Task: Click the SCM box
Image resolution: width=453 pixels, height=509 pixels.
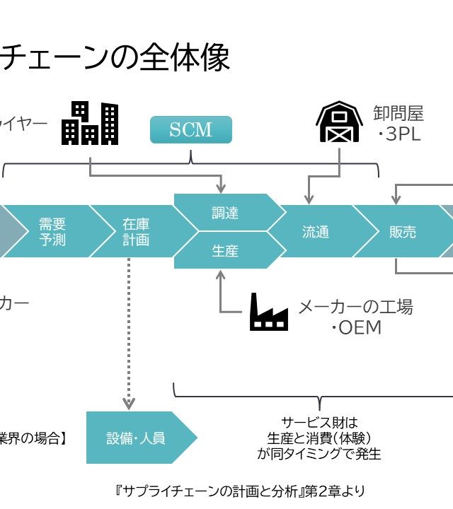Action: [x=190, y=130]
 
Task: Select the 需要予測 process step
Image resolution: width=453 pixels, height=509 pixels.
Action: [x=52, y=231]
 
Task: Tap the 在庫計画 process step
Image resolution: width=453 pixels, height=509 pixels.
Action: [x=136, y=231]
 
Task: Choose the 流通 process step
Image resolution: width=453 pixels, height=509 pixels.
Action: [x=316, y=232]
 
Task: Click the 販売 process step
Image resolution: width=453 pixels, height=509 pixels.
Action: [x=402, y=232]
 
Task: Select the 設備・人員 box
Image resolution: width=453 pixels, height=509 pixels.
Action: [x=136, y=438]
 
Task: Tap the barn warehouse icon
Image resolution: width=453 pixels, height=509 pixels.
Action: [x=340, y=122]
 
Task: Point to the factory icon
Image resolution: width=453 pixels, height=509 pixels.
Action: [x=269, y=312]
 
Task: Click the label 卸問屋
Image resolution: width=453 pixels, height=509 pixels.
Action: [x=398, y=113]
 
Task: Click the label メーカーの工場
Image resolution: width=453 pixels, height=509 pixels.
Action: [x=355, y=307]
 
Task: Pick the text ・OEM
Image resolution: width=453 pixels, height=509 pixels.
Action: [x=356, y=328]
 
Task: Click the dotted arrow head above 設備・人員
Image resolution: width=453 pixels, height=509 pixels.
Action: [x=129, y=403]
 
